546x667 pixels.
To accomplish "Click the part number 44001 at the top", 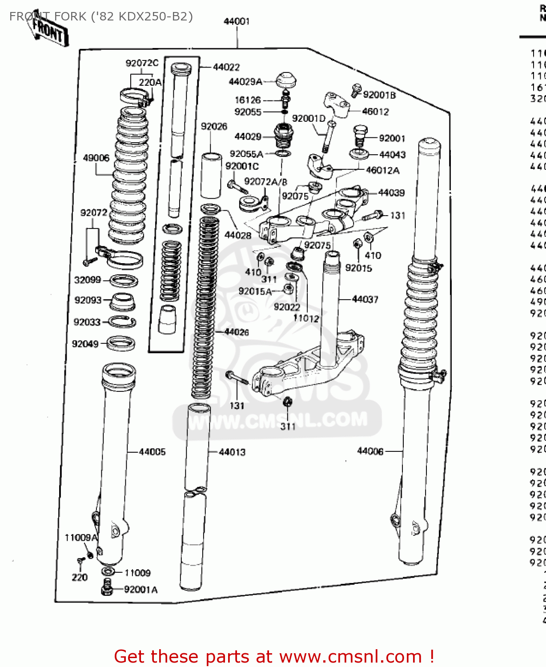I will pos(237,21).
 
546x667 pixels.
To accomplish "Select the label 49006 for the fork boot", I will pos(96,158).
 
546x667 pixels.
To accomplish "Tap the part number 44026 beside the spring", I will pos(237,332).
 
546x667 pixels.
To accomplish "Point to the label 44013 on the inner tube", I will pos(232,452).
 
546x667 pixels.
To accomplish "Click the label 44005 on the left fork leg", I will pos(152,452).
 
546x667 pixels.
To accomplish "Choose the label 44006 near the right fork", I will pos(370,451).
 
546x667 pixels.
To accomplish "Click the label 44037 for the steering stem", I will pos(365,299).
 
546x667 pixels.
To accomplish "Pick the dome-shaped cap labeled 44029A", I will pos(285,81).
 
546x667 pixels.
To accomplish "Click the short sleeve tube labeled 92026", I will pos(211,176).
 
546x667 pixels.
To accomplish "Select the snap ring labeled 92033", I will pos(122,321).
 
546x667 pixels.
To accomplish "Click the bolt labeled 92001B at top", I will pos(356,90).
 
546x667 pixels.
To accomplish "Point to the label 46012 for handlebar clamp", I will pos(375,112).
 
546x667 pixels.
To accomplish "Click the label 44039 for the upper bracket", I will pos(391,193).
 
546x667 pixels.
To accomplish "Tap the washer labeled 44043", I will pos(359,154).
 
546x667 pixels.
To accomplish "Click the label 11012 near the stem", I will pos(306,318).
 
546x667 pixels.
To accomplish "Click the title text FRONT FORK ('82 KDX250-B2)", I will pos(101,16).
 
